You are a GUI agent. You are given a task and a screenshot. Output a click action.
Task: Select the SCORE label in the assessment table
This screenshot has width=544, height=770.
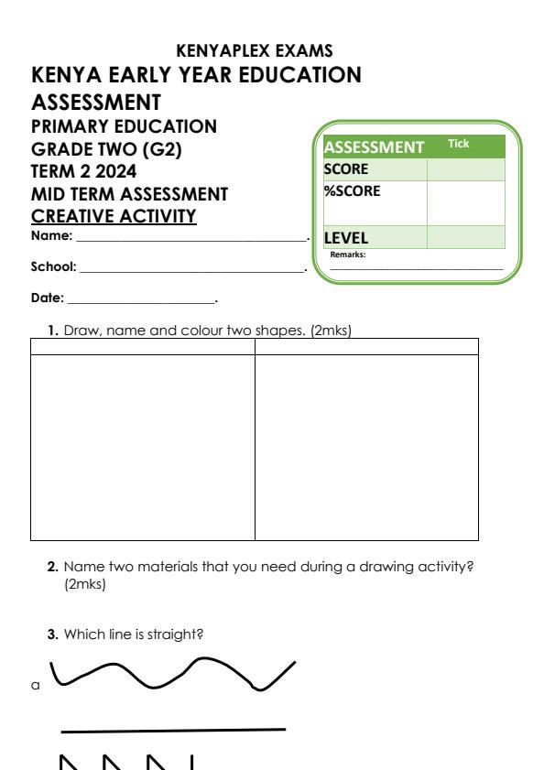(344, 168)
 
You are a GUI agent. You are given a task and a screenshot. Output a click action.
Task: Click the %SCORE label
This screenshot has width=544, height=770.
(352, 191)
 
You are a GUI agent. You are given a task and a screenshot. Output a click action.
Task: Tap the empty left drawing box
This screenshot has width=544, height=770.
(143, 447)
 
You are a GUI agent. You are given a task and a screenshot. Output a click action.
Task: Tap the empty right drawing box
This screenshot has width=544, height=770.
(366, 447)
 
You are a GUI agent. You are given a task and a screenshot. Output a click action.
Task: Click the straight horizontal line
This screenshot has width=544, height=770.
(174, 731)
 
